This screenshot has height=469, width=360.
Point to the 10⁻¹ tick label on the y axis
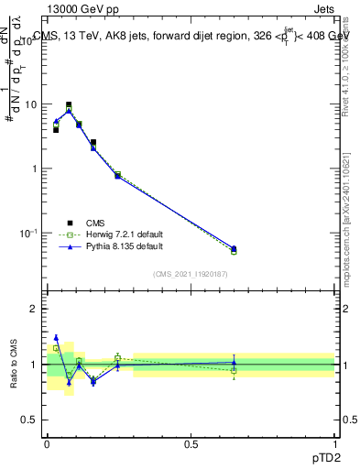pos(29,234)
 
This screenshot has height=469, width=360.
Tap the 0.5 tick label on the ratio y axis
pos(33,420)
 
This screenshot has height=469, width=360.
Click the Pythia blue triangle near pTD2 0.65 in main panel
pos(234,248)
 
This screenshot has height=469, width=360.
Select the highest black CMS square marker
pos(69,105)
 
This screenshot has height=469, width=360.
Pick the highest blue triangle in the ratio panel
pos(56,337)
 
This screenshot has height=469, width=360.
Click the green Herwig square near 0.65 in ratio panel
pos(234,371)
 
